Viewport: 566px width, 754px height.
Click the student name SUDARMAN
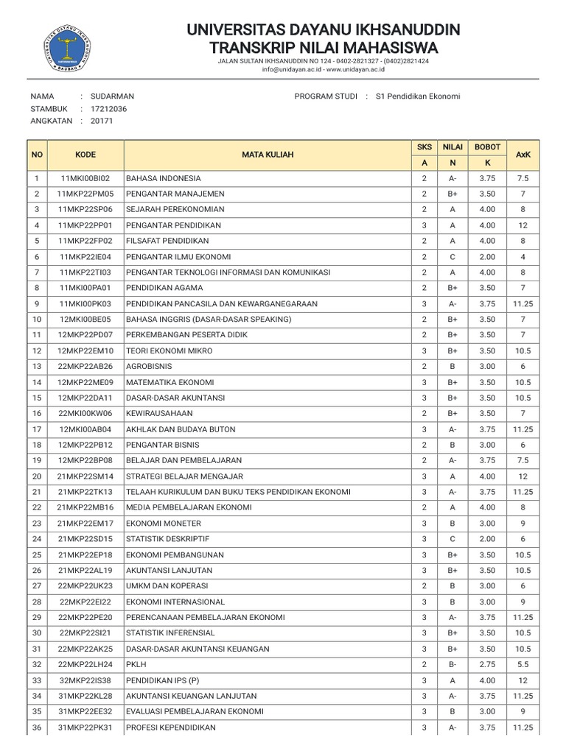[x=112, y=96]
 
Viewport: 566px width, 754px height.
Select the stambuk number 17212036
[x=108, y=108]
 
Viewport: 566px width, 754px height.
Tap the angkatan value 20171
[x=102, y=121]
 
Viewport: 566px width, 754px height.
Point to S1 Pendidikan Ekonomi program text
[x=417, y=96]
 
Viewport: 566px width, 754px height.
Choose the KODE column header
[x=85, y=155]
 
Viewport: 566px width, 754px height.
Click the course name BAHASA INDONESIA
[x=163, y=178]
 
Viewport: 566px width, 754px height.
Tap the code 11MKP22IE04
[x=85, y=256]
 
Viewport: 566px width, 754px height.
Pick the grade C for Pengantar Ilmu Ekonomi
[x=453, y=256]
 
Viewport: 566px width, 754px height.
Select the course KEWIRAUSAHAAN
[x=158, y=414]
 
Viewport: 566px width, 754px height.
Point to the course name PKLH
[x=136, y=665]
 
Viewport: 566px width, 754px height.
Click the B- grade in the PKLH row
[x=453, y=665]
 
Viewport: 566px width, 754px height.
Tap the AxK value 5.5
[x=523, y=665]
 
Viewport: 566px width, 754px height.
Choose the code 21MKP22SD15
[x=85, y=539]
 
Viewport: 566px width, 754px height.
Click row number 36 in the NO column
[x=36, y=727]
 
